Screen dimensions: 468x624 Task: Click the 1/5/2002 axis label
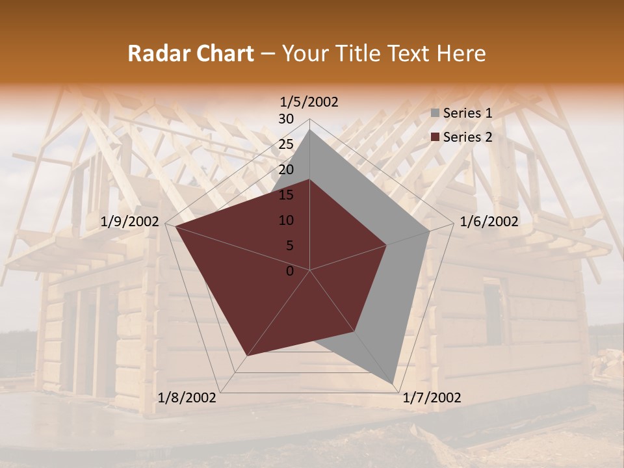[309, 101]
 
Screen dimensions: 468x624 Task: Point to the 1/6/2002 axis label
[489, 222]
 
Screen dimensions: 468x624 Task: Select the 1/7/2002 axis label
[432, 398]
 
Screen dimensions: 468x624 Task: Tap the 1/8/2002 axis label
[187, 398]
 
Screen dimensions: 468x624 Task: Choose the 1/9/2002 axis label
[130, 222]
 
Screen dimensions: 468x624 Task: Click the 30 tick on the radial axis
[286, 119]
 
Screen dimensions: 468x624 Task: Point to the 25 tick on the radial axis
[286, 144]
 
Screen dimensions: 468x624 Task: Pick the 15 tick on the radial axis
[286, 195]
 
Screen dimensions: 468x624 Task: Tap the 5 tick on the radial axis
[289, 246]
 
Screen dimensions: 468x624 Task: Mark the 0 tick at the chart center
[290, 271]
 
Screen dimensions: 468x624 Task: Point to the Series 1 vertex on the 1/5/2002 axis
[310, 129]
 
